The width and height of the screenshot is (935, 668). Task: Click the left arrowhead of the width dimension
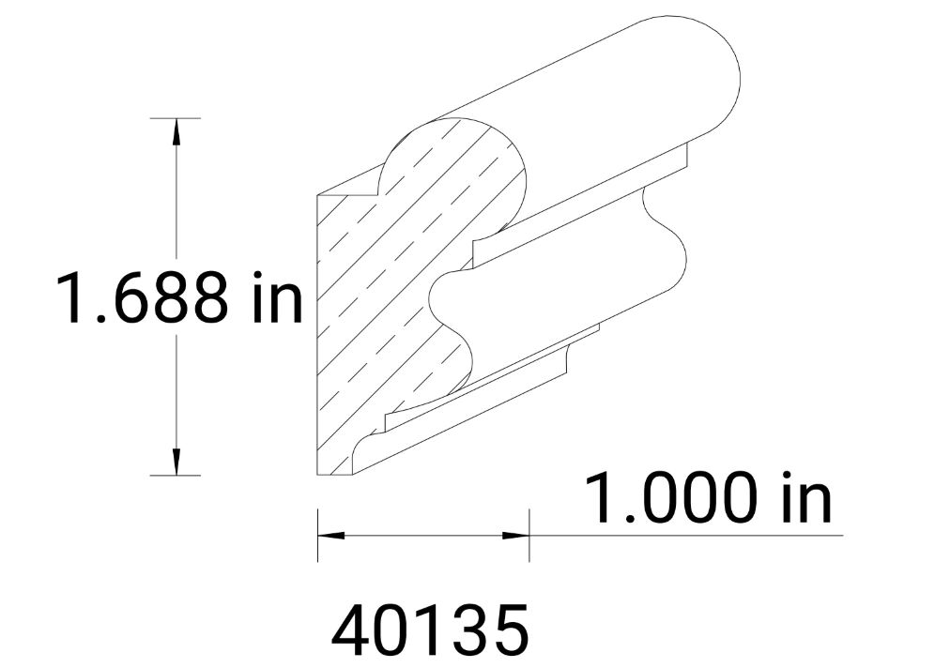coord(330,536)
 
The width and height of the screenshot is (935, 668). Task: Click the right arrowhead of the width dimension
coord(517,536)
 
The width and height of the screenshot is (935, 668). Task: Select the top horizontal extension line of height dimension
coord(176,118)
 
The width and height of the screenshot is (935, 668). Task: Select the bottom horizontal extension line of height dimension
coord(176,476)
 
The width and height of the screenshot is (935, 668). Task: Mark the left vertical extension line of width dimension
coord(318,536)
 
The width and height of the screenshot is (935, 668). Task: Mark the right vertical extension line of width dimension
coord(529,536)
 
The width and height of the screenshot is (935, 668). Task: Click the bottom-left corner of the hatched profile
coord(318,475)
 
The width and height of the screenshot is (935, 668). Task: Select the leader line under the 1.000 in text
coord(685,536)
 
